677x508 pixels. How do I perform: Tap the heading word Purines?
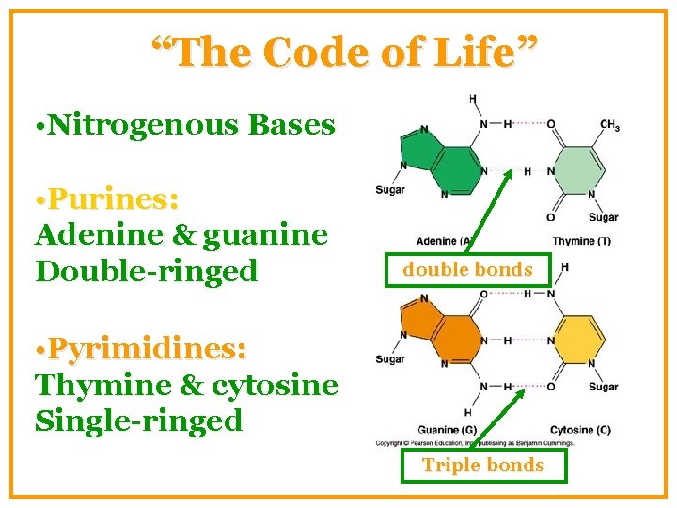click(113, 199)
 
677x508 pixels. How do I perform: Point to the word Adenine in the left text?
click(98, 234)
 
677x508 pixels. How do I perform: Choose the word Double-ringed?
click(146, 271)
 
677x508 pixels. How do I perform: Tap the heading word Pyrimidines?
click(148, 349)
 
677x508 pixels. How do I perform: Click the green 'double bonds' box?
click(467, 270)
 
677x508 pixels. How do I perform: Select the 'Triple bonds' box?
click(482, 465)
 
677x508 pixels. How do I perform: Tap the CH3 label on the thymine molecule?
click(609, 124)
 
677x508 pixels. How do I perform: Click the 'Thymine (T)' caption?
click(581, 242)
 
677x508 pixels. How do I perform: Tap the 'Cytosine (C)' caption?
click(580, 430)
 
